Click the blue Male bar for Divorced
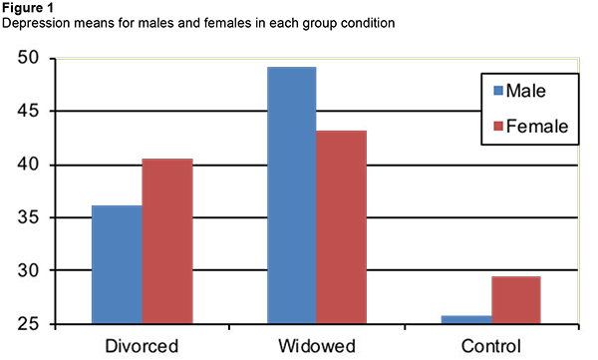point(117,264)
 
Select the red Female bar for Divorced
point(167,241)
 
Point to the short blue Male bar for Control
point(465,319)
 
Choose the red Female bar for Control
point(516,300)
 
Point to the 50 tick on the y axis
point(35,59)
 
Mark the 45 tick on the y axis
point(35,112)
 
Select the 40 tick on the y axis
point(35,165)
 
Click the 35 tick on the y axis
point(35,217)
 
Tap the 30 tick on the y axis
point(35,270)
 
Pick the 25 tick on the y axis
point(35,323)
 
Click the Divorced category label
point(142,346)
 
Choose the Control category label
point(490,346)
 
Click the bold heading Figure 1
point(29,8)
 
